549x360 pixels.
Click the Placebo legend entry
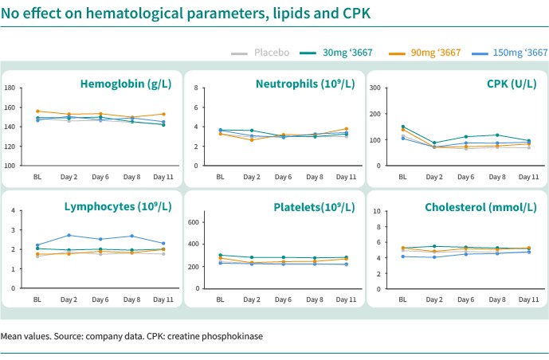[x=260, y=53]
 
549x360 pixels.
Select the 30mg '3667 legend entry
[x=336, y=53]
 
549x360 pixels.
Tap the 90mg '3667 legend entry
[x=425, y=53]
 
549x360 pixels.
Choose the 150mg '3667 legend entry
[x=510, y=53]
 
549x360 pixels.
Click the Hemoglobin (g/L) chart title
[x=126, y=84]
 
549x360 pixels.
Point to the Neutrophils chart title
[x=305, y=84]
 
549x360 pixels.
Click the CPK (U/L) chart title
[x=512, y=84]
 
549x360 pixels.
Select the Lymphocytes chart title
[x=118, y=207]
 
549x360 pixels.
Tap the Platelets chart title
[x=314, y=207]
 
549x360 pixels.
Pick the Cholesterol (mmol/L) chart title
[x=480, y=207]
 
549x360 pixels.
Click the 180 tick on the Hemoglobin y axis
[x=10, y=88]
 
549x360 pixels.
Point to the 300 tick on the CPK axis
[x=375, y=88]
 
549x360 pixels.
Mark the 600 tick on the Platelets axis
[x=193, y=222]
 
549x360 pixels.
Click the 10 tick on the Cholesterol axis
[x=377, y=211]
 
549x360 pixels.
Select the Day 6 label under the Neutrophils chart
[x=283, y=177]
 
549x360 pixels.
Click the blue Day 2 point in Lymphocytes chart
[x=69, y=236]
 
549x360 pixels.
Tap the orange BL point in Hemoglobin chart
[x=37, y=112]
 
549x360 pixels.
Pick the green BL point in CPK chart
[x=403, y=127]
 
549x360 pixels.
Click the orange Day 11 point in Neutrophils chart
[x=347, y=129]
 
